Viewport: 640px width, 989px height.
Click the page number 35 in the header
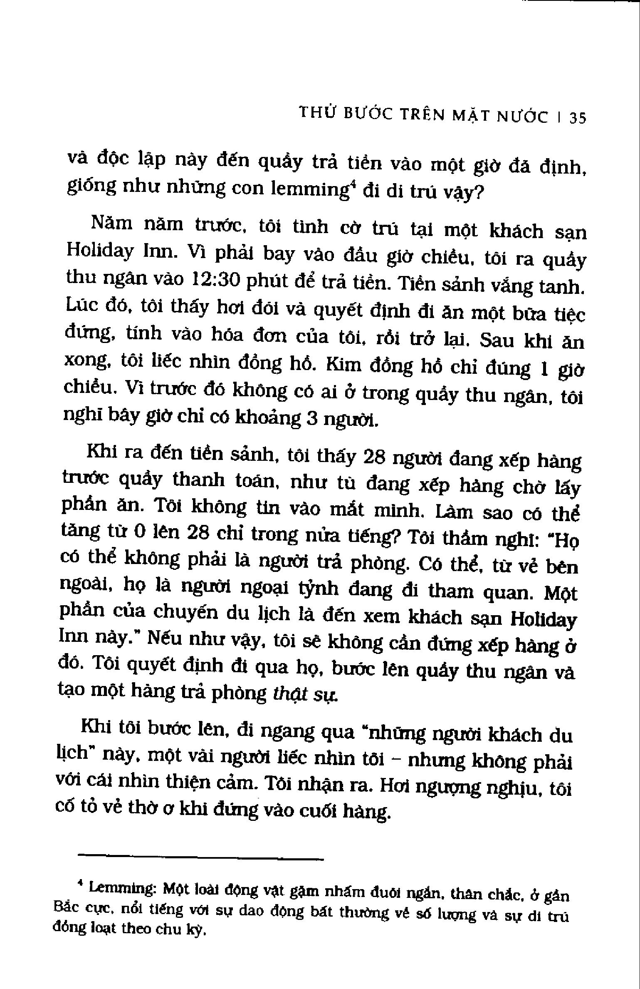(578, 119)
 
